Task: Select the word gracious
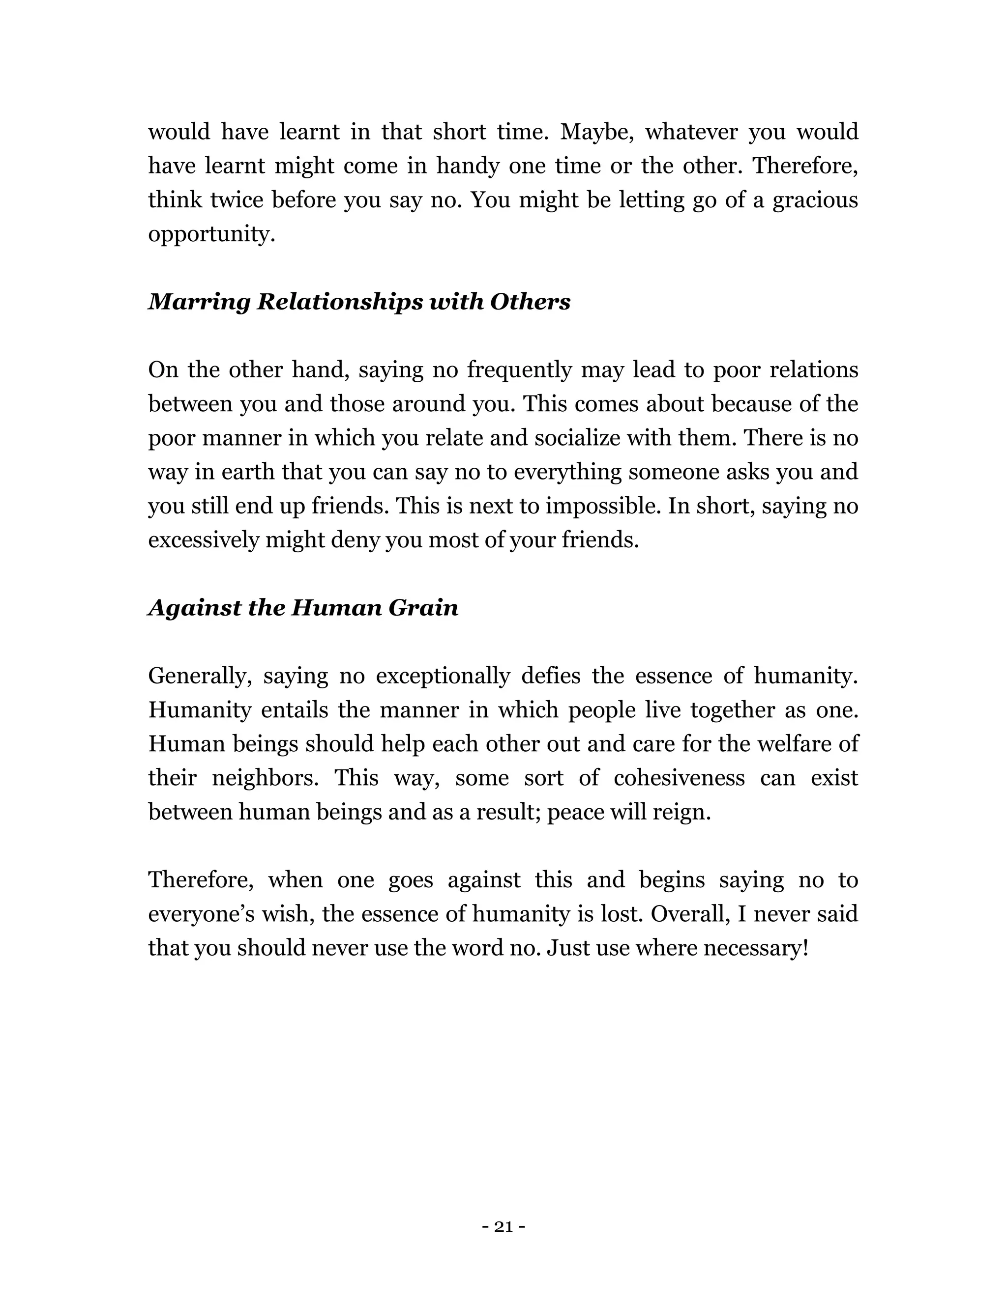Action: (x=815, y=199)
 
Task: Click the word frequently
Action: (x=519, y=370)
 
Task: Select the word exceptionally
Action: (x=443, y=676)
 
